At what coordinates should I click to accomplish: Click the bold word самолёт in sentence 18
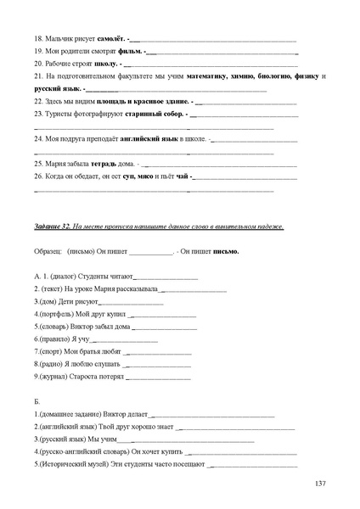pyautogui.click(x=111, y=39)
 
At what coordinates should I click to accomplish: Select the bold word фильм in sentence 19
pyautogui.click(x=130, y=51)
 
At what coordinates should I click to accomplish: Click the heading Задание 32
pyautogui.click(x=53, y=227)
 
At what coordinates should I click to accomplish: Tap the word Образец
pyautogui.click(x=48, y=251)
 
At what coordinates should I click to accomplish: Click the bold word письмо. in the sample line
pyautogui.click(x=225, y=251)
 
